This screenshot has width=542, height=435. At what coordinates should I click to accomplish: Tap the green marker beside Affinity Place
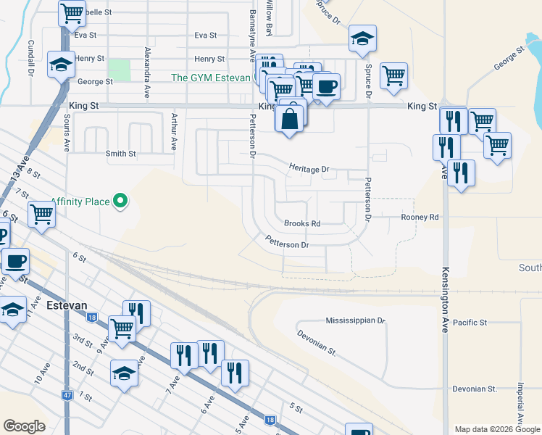pyautogui.click(x=121, y=201)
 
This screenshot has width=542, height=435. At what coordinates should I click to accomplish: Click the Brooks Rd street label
pyautogui.click(x=302, y=224)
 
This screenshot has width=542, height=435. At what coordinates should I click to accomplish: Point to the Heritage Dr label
pyautogui.click(x=309, y=169)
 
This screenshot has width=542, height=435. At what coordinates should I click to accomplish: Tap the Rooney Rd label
pyautogui.click(x=420, y=217)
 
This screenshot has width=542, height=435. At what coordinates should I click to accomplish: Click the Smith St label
pyautogui.click(x=120, y=154)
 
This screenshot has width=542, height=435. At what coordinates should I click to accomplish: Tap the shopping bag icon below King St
pyautogui.click(x=290, y=117)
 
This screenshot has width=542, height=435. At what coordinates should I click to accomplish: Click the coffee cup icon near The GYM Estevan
pyautogui.click(x=326, y=86)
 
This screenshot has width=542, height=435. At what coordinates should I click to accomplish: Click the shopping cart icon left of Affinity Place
pyautogui.click(x=42, y=215)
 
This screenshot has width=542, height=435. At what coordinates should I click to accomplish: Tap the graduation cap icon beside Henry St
pyautogui.click(x=61, y=65)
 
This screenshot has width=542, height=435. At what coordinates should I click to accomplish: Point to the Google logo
pyautogui.click(x=24, y=426)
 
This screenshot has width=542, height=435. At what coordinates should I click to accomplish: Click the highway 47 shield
pyautogui.click(x=67, y=396)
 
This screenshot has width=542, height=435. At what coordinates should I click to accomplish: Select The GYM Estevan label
pyautogui.click(x=210, y=78)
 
